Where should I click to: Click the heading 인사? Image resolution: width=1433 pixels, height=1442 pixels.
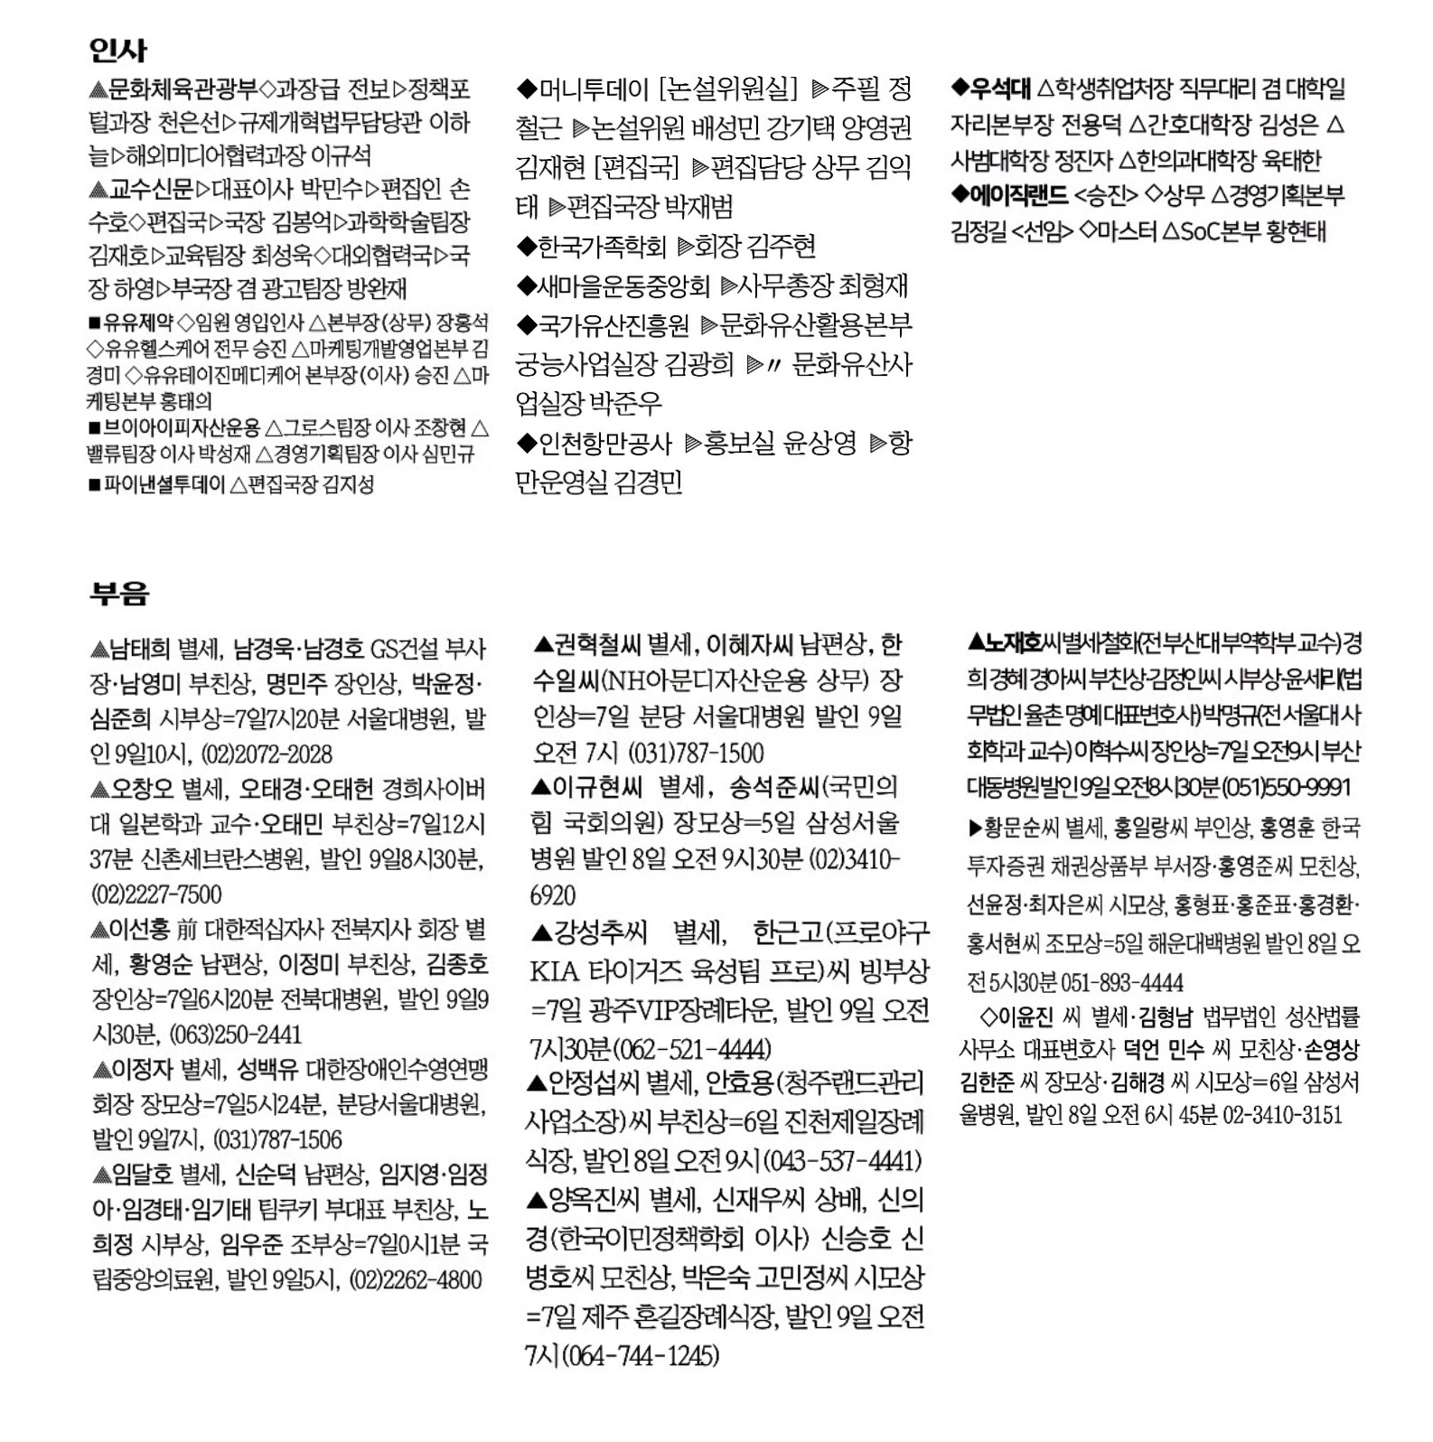click(x=118, y=50)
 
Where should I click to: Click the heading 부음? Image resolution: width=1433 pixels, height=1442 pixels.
click(x=119, y=594)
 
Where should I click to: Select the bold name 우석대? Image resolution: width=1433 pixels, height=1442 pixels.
click(x=1000, y=89)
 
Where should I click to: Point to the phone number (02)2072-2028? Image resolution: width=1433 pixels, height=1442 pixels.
click(x=266, y=754)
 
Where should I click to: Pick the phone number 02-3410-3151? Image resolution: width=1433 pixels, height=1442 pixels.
click(x=1283, y=1115)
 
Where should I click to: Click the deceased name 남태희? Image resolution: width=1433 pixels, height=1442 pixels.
click(x=139, y=649)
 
